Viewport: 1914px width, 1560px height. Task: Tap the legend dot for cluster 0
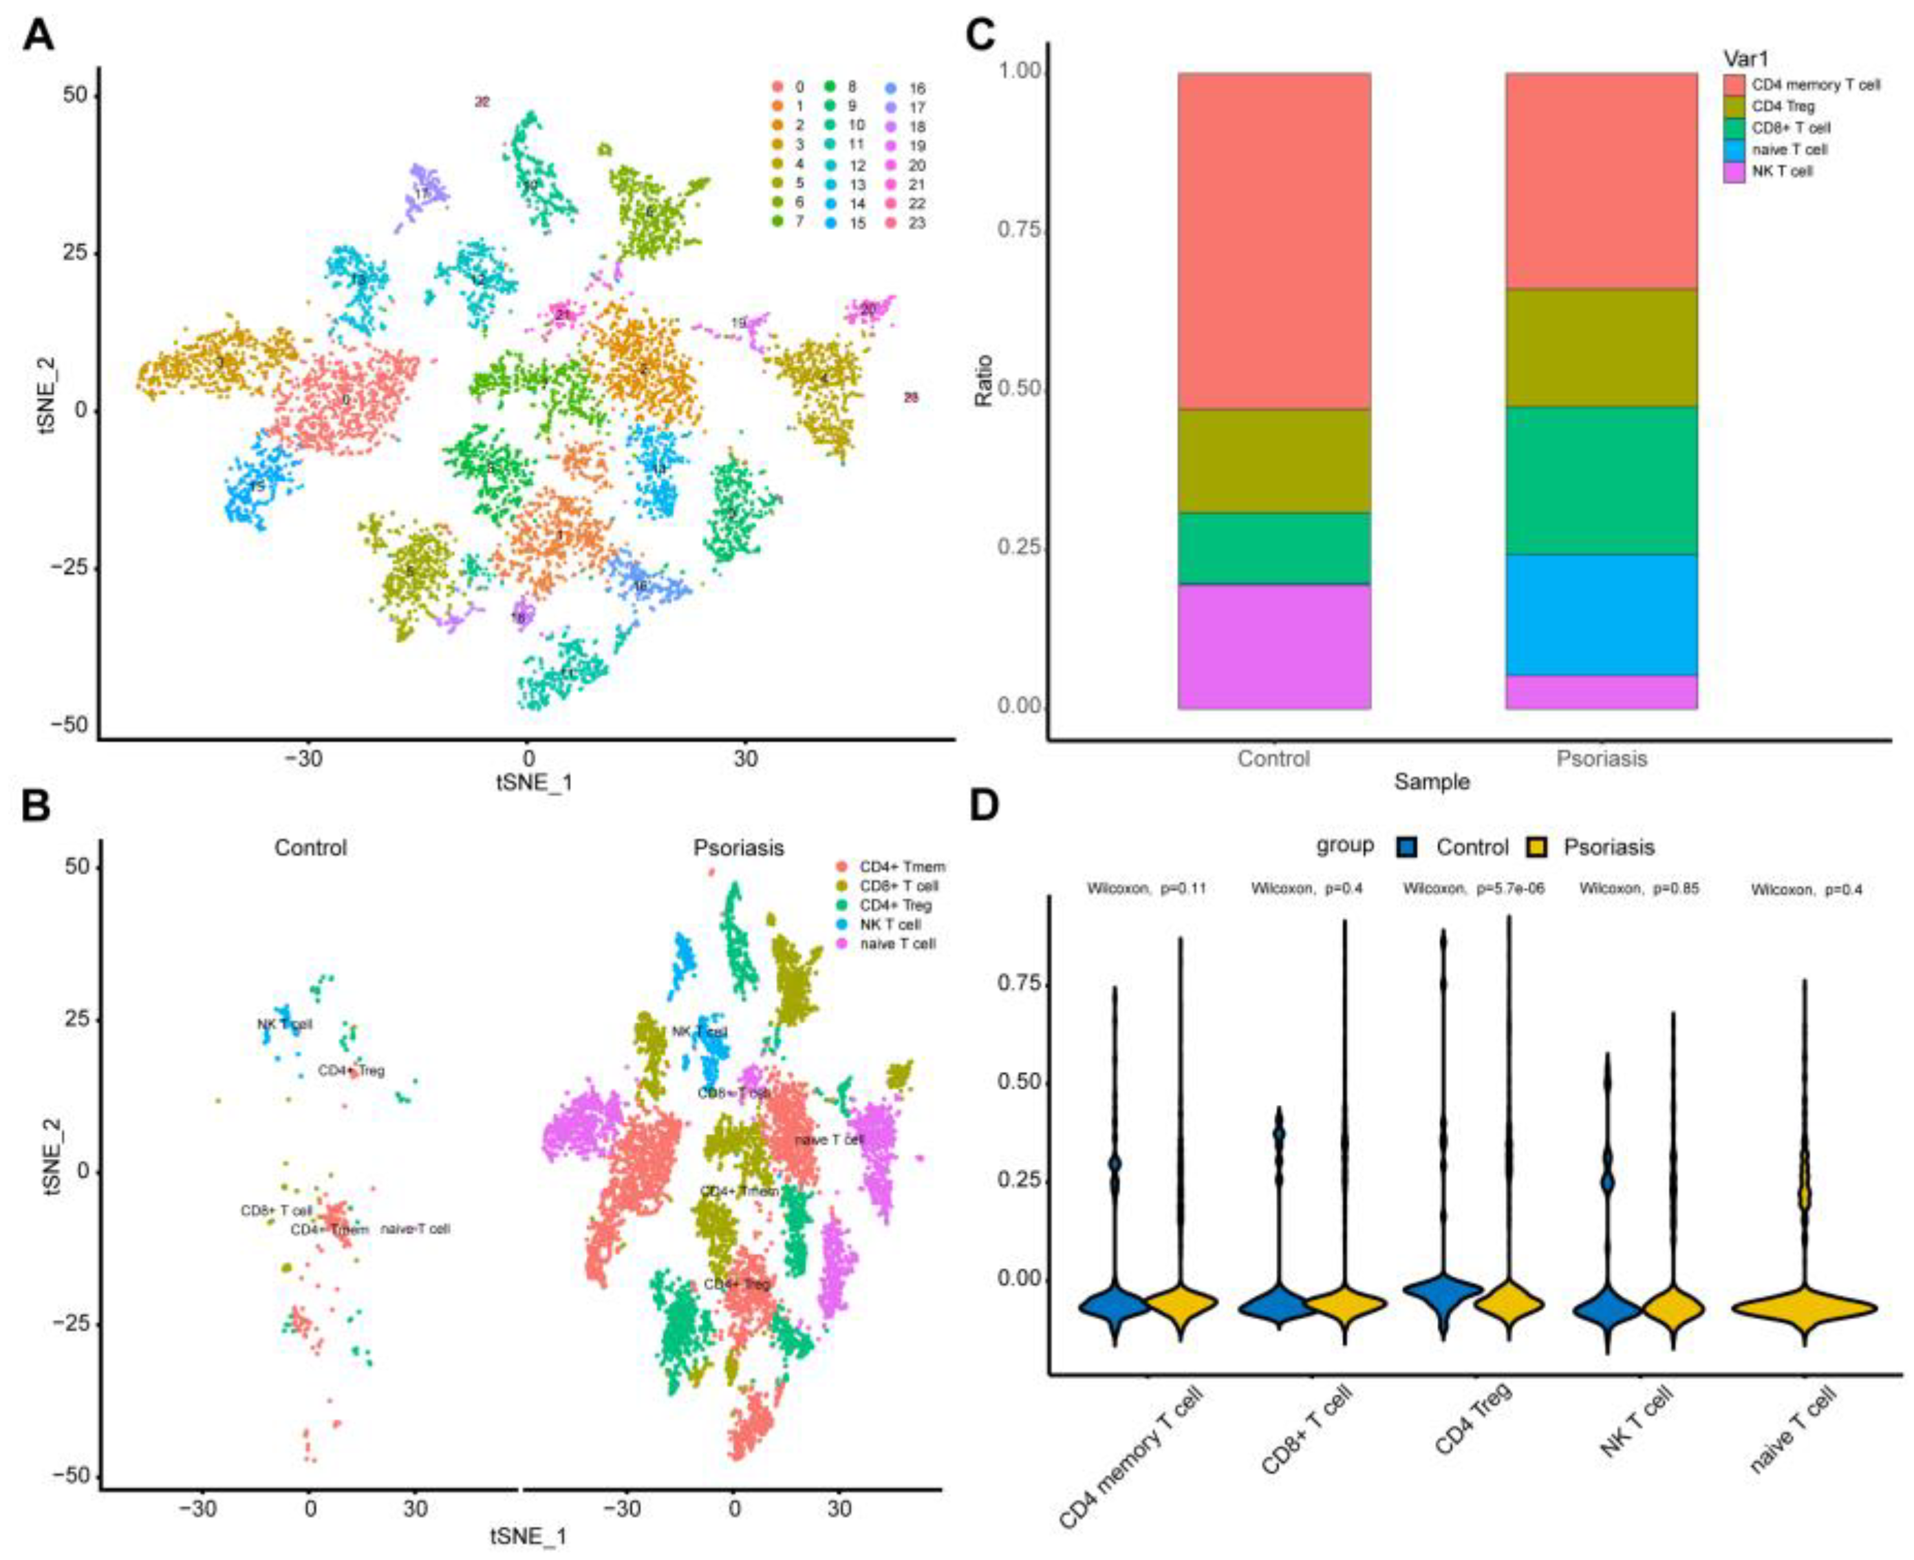(x=778, y=88)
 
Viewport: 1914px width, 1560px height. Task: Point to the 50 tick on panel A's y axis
(x=76, y=95)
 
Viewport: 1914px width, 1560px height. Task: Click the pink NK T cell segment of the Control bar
(x=1273, y=646)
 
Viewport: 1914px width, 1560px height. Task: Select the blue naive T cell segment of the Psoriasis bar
(x=1600, y=615)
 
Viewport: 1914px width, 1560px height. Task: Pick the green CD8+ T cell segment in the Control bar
(x=1273, y=548)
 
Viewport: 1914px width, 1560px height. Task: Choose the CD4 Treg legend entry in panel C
(x=1783, y=106)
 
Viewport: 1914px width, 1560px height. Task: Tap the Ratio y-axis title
(x=985, y=380)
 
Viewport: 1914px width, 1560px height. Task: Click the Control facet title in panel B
(x=310, y=847)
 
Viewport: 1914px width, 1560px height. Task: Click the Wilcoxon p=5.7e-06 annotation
(x=1474, y=889)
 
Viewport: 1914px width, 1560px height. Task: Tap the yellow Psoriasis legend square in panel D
(x=1538, y=847)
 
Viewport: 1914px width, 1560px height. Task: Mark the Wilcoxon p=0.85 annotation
(x=1639, y=889)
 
